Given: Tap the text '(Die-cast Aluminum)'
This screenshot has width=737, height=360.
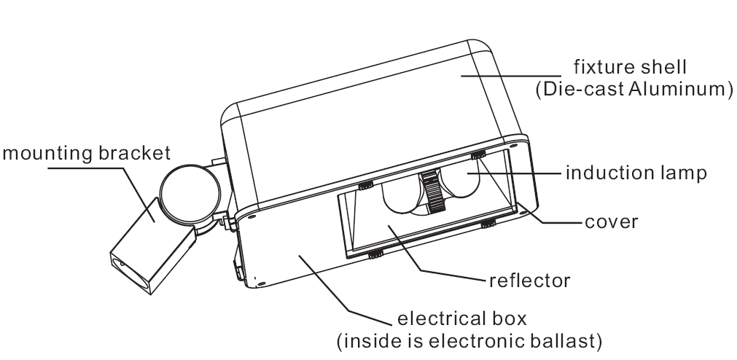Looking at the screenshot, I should tap(629, 90).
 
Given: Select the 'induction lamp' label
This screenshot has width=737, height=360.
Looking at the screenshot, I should tap(636, 174).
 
